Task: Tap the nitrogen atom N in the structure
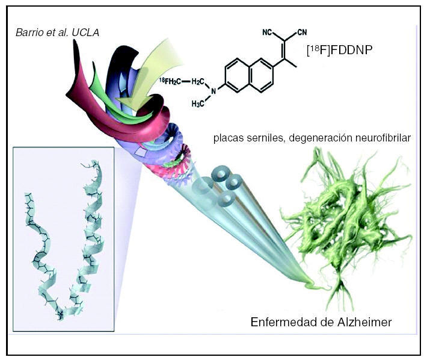[209, 93]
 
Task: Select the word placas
[227, 138]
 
